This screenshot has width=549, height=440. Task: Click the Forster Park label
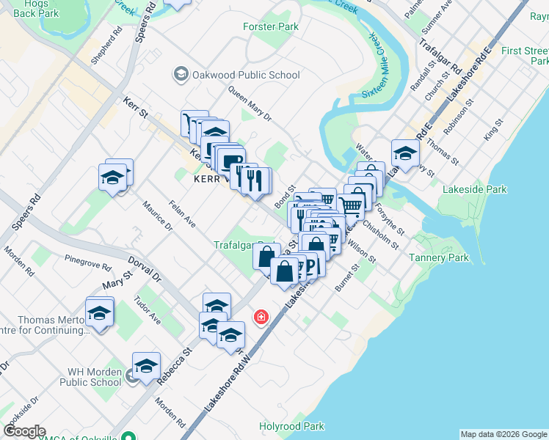[x=271, y=27]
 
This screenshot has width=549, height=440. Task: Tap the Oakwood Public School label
[x=246, y=75]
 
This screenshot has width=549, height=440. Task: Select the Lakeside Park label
[x=475, y=189]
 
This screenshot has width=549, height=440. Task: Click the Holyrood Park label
[x=291, y=426]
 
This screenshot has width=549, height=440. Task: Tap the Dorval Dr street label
[x=145, y=268]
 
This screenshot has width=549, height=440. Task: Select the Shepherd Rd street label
[x=106, y=45]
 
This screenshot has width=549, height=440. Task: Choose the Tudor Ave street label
[x=148, y=310]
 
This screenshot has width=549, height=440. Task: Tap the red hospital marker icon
[x=260, y=318]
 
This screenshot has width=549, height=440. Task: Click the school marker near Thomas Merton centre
[x=99, y=312]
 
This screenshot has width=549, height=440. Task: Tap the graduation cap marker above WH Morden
[x=146, y=365]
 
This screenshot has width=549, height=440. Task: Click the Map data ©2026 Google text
[x=503, y=434]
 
